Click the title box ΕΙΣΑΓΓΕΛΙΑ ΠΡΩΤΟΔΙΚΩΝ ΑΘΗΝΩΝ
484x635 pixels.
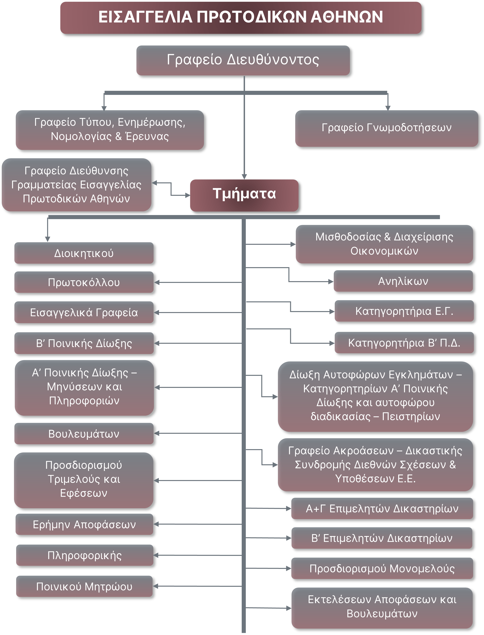[x=241, y=17]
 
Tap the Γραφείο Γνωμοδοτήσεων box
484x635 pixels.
[x=386, y=128]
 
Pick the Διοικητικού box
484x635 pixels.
[x=84, y=253]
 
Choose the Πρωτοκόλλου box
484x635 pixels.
[x=84, y=282]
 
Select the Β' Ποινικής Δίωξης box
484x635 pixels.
[x=84, y=343]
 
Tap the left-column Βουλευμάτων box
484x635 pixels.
[x=84, y=434]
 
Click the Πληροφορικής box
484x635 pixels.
[x=85, y=555]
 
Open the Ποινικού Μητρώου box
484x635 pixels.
[x=84, y=586]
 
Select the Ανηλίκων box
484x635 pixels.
[x=403, y=281]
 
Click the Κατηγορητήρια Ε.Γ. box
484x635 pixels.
[x=404, y=311]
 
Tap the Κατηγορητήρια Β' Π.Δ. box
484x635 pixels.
[x=404, y=343]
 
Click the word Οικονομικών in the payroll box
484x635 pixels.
[x=384, y=251]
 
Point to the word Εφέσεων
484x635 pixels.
[x=83, y=493]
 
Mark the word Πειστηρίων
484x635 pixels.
[x=411, y=416]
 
